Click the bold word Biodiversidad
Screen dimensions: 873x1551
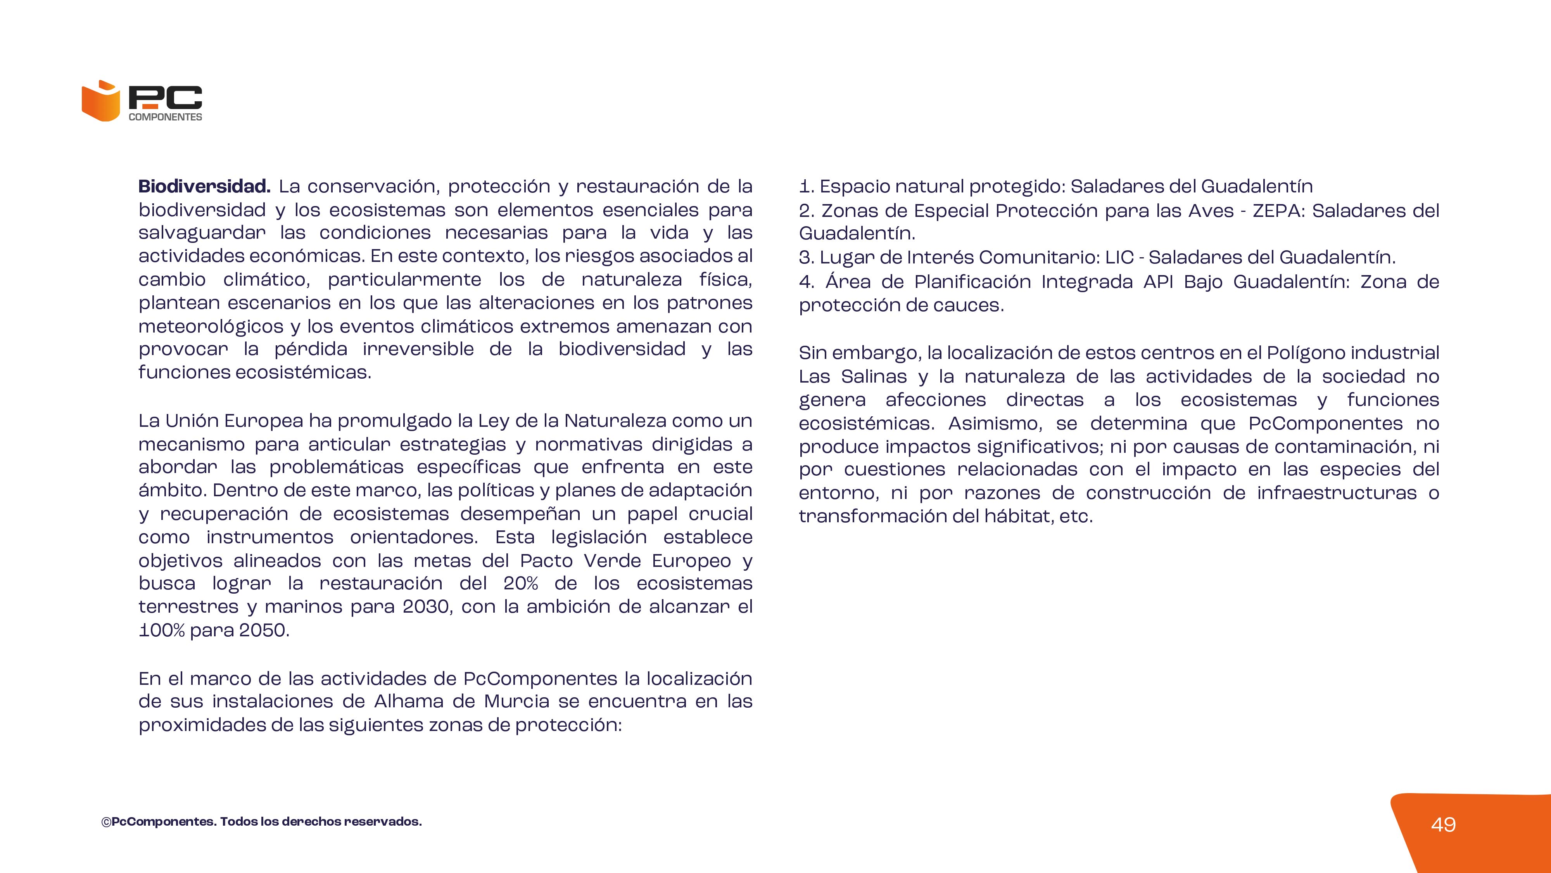pos(204,186)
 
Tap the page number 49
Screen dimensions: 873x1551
pos(1443,824)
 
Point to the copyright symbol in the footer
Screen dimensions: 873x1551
pos(106,823)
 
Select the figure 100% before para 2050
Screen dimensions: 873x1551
pos(161,630)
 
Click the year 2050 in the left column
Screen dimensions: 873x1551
pos(264,630)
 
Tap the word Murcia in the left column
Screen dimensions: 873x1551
pos(516,701)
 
